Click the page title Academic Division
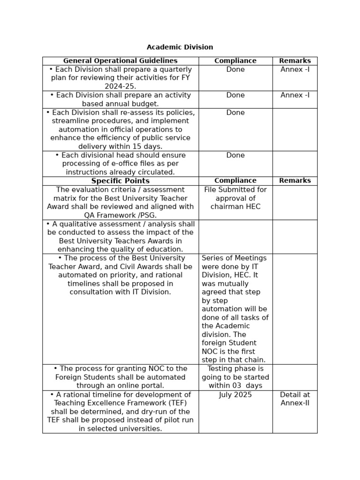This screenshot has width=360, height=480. pos(180,47)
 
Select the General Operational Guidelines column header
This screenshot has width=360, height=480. pos(120,61)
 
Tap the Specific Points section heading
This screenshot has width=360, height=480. pos(120,181)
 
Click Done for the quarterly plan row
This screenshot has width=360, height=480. pos(235,69)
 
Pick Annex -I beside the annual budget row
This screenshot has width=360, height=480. pos(295,95)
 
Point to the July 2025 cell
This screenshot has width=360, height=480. pos(235,395)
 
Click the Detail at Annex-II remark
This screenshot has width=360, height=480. pos(295,399)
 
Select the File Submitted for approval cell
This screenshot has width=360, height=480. pos(235,198)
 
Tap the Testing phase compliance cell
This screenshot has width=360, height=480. pos(235,377)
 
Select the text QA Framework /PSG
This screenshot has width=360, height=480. pos(120,215)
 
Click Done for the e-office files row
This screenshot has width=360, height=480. pos(235,155)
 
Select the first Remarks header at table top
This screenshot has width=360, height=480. pos(295,61)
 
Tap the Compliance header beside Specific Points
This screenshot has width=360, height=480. pos(235,180)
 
